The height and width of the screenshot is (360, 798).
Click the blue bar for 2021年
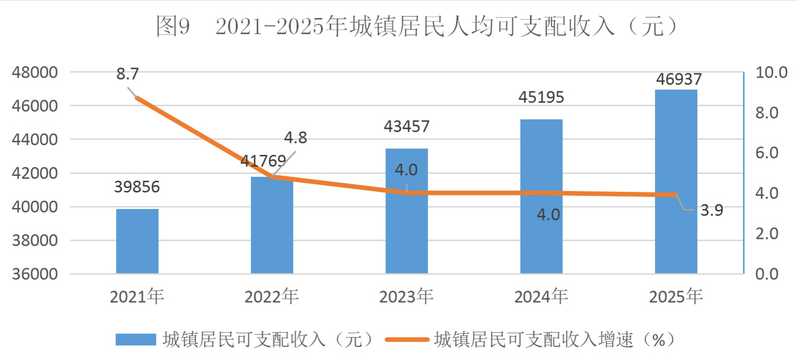pyautogui.click(x=137, y=241)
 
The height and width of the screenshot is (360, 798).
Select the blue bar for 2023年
pyautogui.click(x=406, y=211)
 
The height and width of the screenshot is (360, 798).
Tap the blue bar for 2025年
pyautogui.click(x=676, y=182)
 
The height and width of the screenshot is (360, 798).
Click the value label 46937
pyautogui.click(x=678, y=79)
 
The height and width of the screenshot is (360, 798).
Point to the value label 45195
pyautogui.click(x=541, y=97)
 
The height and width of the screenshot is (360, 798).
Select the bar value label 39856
pyautogui.click(x=137, y=187)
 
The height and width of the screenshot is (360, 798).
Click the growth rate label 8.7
pyautogui.click(x=127, y=74)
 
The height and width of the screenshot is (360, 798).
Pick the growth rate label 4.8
pyautogui.click(x=295, y=137)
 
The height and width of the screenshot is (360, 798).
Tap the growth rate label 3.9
pyautogui.click(x=712, y=210)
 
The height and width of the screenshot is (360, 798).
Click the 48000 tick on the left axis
pyautogui.click(x=35, y=72)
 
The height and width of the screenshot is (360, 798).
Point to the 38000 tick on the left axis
pyautogui.click(x=35, y=240)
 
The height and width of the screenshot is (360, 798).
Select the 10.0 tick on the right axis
pyautogui.click(x=771, y=72)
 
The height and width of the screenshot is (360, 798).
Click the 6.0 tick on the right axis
pyautogui.click(x=766, y=153)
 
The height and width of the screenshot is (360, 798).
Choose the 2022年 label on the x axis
pyautogui.click(x=272, y=297)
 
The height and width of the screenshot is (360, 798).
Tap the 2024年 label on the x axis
pyautogui.click(x=541, y=297)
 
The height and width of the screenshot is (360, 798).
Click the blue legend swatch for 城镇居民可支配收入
pyautogui.click(x=136, y=339)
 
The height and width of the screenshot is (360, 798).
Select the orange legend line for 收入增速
pyautogui.click(x=407, y=339)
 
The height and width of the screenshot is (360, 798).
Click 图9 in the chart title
pyautogui.click(x=173, y=26)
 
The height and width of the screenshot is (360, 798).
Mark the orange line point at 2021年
pyautogui.click(x=137, y=98)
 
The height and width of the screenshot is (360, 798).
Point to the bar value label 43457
pyautogui.click(x=406, y=126)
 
